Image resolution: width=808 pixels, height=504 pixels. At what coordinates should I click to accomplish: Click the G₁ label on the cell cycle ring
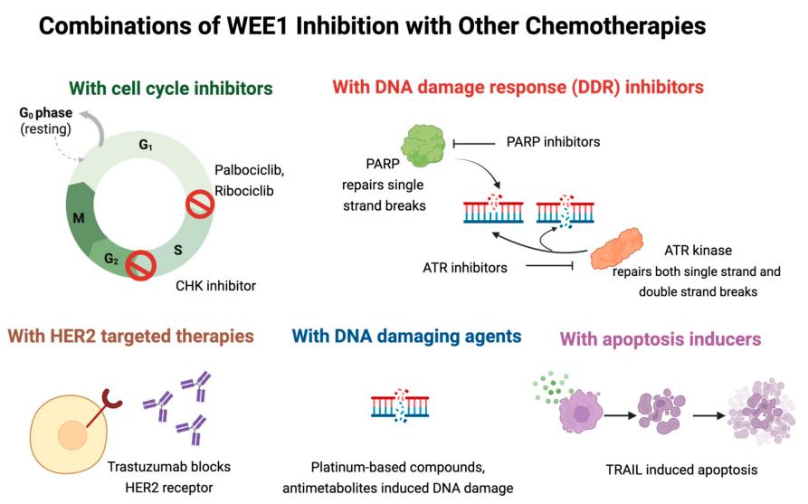click(x=145, y=145)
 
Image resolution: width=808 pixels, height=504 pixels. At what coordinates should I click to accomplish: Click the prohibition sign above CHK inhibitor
click(x=139, y=266)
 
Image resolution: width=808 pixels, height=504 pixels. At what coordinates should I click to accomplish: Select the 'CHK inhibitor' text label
click(x=215, y=286)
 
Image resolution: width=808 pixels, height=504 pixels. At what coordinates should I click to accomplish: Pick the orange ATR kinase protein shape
click(x=618, y=246)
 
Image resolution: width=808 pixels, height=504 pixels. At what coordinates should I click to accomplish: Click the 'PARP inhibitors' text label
click(x=553, y=142)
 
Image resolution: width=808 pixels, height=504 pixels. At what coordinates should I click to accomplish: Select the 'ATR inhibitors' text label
click(x=464, y=267)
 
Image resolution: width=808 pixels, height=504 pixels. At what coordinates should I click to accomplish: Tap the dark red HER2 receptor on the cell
click(x=112, y=400)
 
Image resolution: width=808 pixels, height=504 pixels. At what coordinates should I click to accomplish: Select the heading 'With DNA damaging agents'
click(x=405, y=337)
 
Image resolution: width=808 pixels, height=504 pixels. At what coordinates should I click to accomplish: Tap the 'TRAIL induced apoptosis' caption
click(x=680, y=471)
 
